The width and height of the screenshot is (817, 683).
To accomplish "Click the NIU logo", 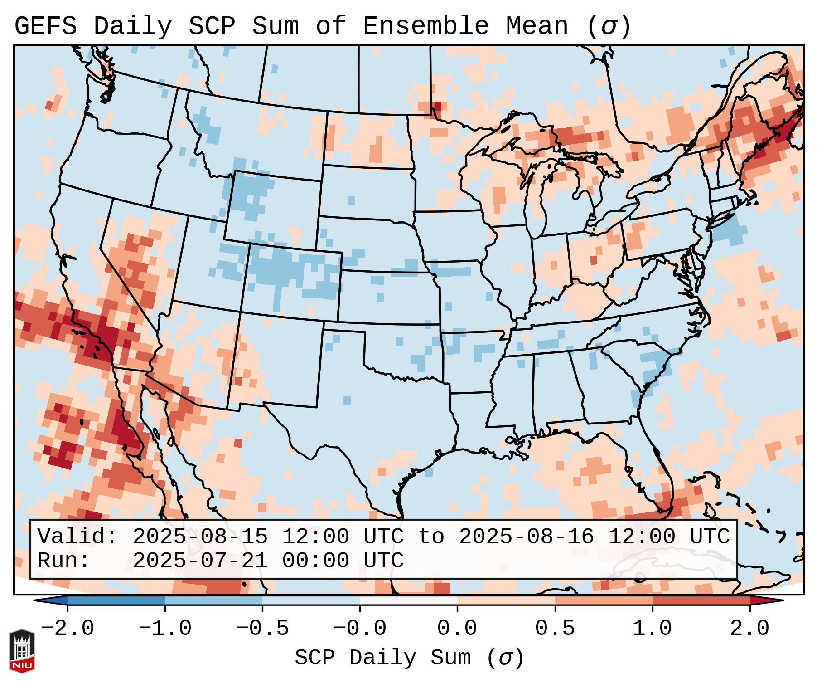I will (x=22, y=650).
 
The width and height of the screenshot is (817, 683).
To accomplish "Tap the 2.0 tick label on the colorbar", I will (x=749, y=629).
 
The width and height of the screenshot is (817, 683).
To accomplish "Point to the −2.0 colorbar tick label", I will (x=68, y=629).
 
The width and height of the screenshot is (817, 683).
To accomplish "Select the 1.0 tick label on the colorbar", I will (x=652, y=629).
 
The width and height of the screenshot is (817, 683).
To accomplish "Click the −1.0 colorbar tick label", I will (x=165, y=629).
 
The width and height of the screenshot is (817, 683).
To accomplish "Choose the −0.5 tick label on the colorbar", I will (x=262, y=629).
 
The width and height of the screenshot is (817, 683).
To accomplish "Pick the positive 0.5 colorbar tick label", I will (x=555, y=629).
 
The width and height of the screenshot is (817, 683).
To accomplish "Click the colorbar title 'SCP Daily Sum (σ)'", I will (x=409, y=658).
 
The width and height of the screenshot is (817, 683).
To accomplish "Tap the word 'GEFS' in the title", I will (x=45, y=26).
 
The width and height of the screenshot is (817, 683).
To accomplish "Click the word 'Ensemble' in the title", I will (x=426, y=26).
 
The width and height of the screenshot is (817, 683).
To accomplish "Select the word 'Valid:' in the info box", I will (x=77, y=537).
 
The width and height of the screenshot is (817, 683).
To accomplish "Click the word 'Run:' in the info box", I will (x=64, y=561).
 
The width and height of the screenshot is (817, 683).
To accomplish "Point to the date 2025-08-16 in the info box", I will (x=526, y=537).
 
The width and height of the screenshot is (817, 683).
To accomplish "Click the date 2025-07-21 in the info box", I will (x=200, y=561).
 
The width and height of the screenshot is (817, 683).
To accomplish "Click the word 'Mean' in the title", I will (x=537, y=26).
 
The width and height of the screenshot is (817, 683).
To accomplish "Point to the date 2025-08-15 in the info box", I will (x=200, y=537).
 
